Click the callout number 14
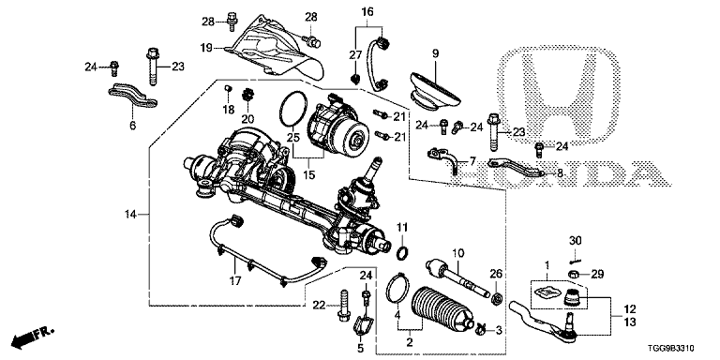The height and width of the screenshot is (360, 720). pos(132,214)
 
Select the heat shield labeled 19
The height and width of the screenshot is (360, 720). pos(276,48)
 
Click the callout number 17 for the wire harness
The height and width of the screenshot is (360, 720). pos(234,280)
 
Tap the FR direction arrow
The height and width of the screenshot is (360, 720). pos(32,337)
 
